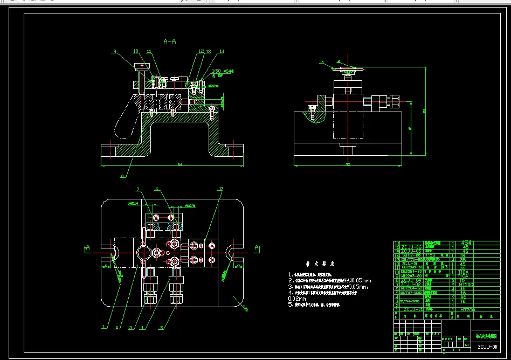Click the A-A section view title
[170, 41]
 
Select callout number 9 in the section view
[114, 52]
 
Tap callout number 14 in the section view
[221, 52]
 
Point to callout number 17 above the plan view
[220, 189]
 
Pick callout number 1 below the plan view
[103, 327]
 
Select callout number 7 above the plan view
[138, 189]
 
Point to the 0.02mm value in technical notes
[297, 298]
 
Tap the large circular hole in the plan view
[143, 252]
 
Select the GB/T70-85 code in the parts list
[412, 259]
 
